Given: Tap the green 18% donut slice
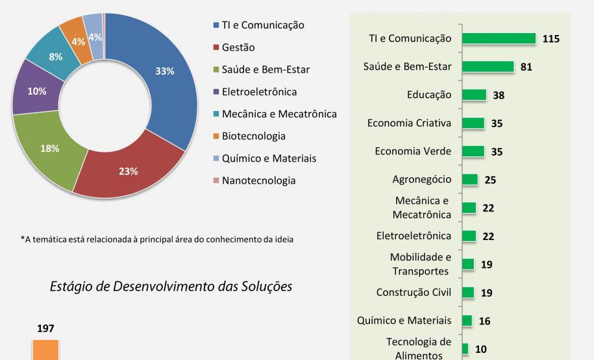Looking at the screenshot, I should [x=51, y=149].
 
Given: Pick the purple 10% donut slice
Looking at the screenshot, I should [x=36, y=92].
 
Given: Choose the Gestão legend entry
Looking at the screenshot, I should [x=238, y=47].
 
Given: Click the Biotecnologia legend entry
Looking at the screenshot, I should [x=253, y=136].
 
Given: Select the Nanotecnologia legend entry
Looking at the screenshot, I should [x=258, y=180].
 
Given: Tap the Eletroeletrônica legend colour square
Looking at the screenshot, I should [x=216, y=92].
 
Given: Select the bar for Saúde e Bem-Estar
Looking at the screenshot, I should [x=488, y=67].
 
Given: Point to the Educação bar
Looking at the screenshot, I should [x=474, y=95].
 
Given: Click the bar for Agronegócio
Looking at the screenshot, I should [x=470, y=180].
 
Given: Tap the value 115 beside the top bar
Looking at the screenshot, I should [x=551, y=39].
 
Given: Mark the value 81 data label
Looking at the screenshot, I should [x=526, y=67].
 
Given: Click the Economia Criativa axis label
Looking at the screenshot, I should [x=409, y=123].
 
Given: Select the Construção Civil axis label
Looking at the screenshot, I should [x=414, y=292].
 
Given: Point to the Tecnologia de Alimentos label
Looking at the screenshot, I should [x=418, y=348].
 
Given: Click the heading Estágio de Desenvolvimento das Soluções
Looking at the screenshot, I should [x=171, y=286].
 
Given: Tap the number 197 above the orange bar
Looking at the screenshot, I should [x=45, y=329].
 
